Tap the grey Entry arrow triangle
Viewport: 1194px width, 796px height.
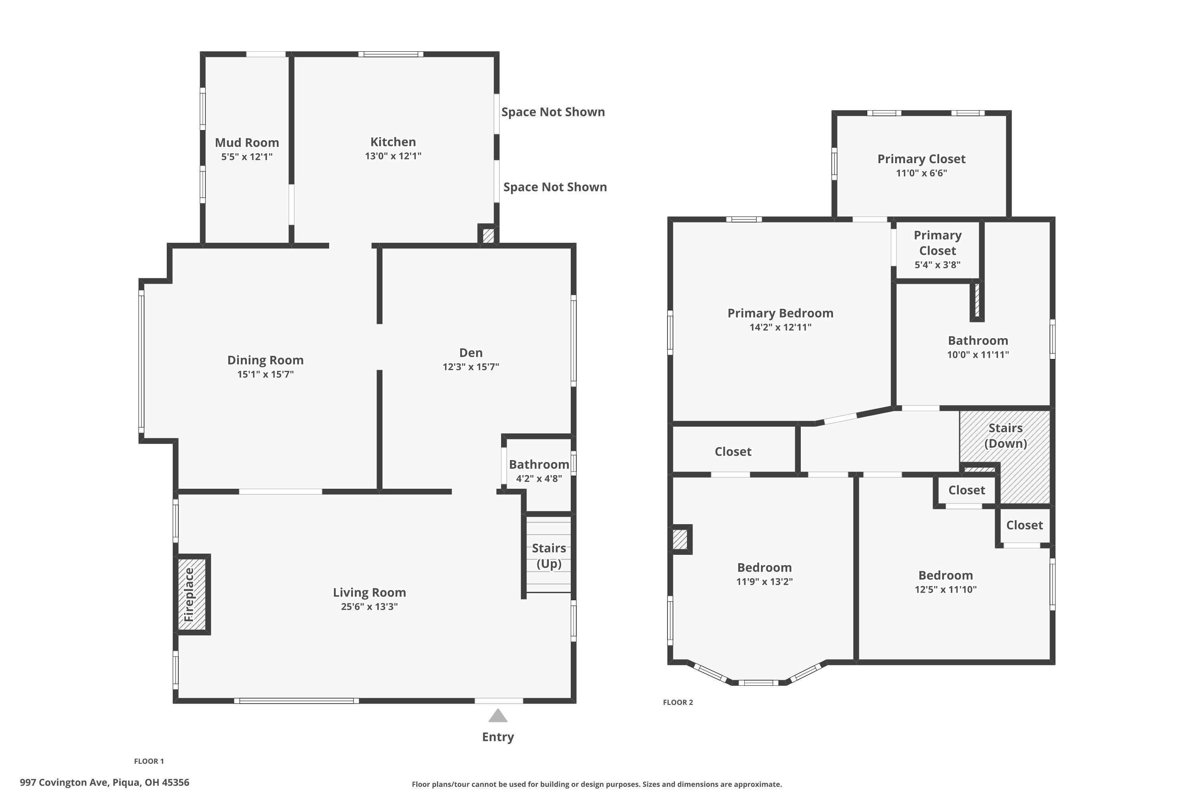(x=497, y=716)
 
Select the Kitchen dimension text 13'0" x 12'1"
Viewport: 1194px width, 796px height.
(x=393, y=156)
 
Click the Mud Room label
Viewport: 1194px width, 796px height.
(x=247, y=142)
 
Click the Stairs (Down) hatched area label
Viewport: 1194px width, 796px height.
(x=1005, y=435)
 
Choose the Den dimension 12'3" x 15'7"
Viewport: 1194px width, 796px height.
(x=470, y=367)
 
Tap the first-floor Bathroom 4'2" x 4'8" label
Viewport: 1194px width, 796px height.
(x=538, y=464)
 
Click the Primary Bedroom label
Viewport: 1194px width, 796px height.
(x=780, y=313)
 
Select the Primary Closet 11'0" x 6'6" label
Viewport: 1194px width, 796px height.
(x=921, y=159)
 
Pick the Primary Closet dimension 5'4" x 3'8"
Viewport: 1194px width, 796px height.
(x=937, y=265)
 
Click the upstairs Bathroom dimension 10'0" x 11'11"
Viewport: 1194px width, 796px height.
(x=978, y=355)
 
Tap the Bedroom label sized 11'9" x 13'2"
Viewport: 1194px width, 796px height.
(x=764, y=568)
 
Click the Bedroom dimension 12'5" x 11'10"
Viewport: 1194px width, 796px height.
(x=945, y=589)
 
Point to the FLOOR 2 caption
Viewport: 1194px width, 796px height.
(x=678, y=702)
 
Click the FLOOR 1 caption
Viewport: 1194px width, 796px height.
(x=149, y=761)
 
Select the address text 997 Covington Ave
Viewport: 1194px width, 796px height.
(x=104, y=782)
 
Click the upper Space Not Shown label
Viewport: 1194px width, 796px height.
(x=553, y=112)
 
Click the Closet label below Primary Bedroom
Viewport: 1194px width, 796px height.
(x=733, y=451)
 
